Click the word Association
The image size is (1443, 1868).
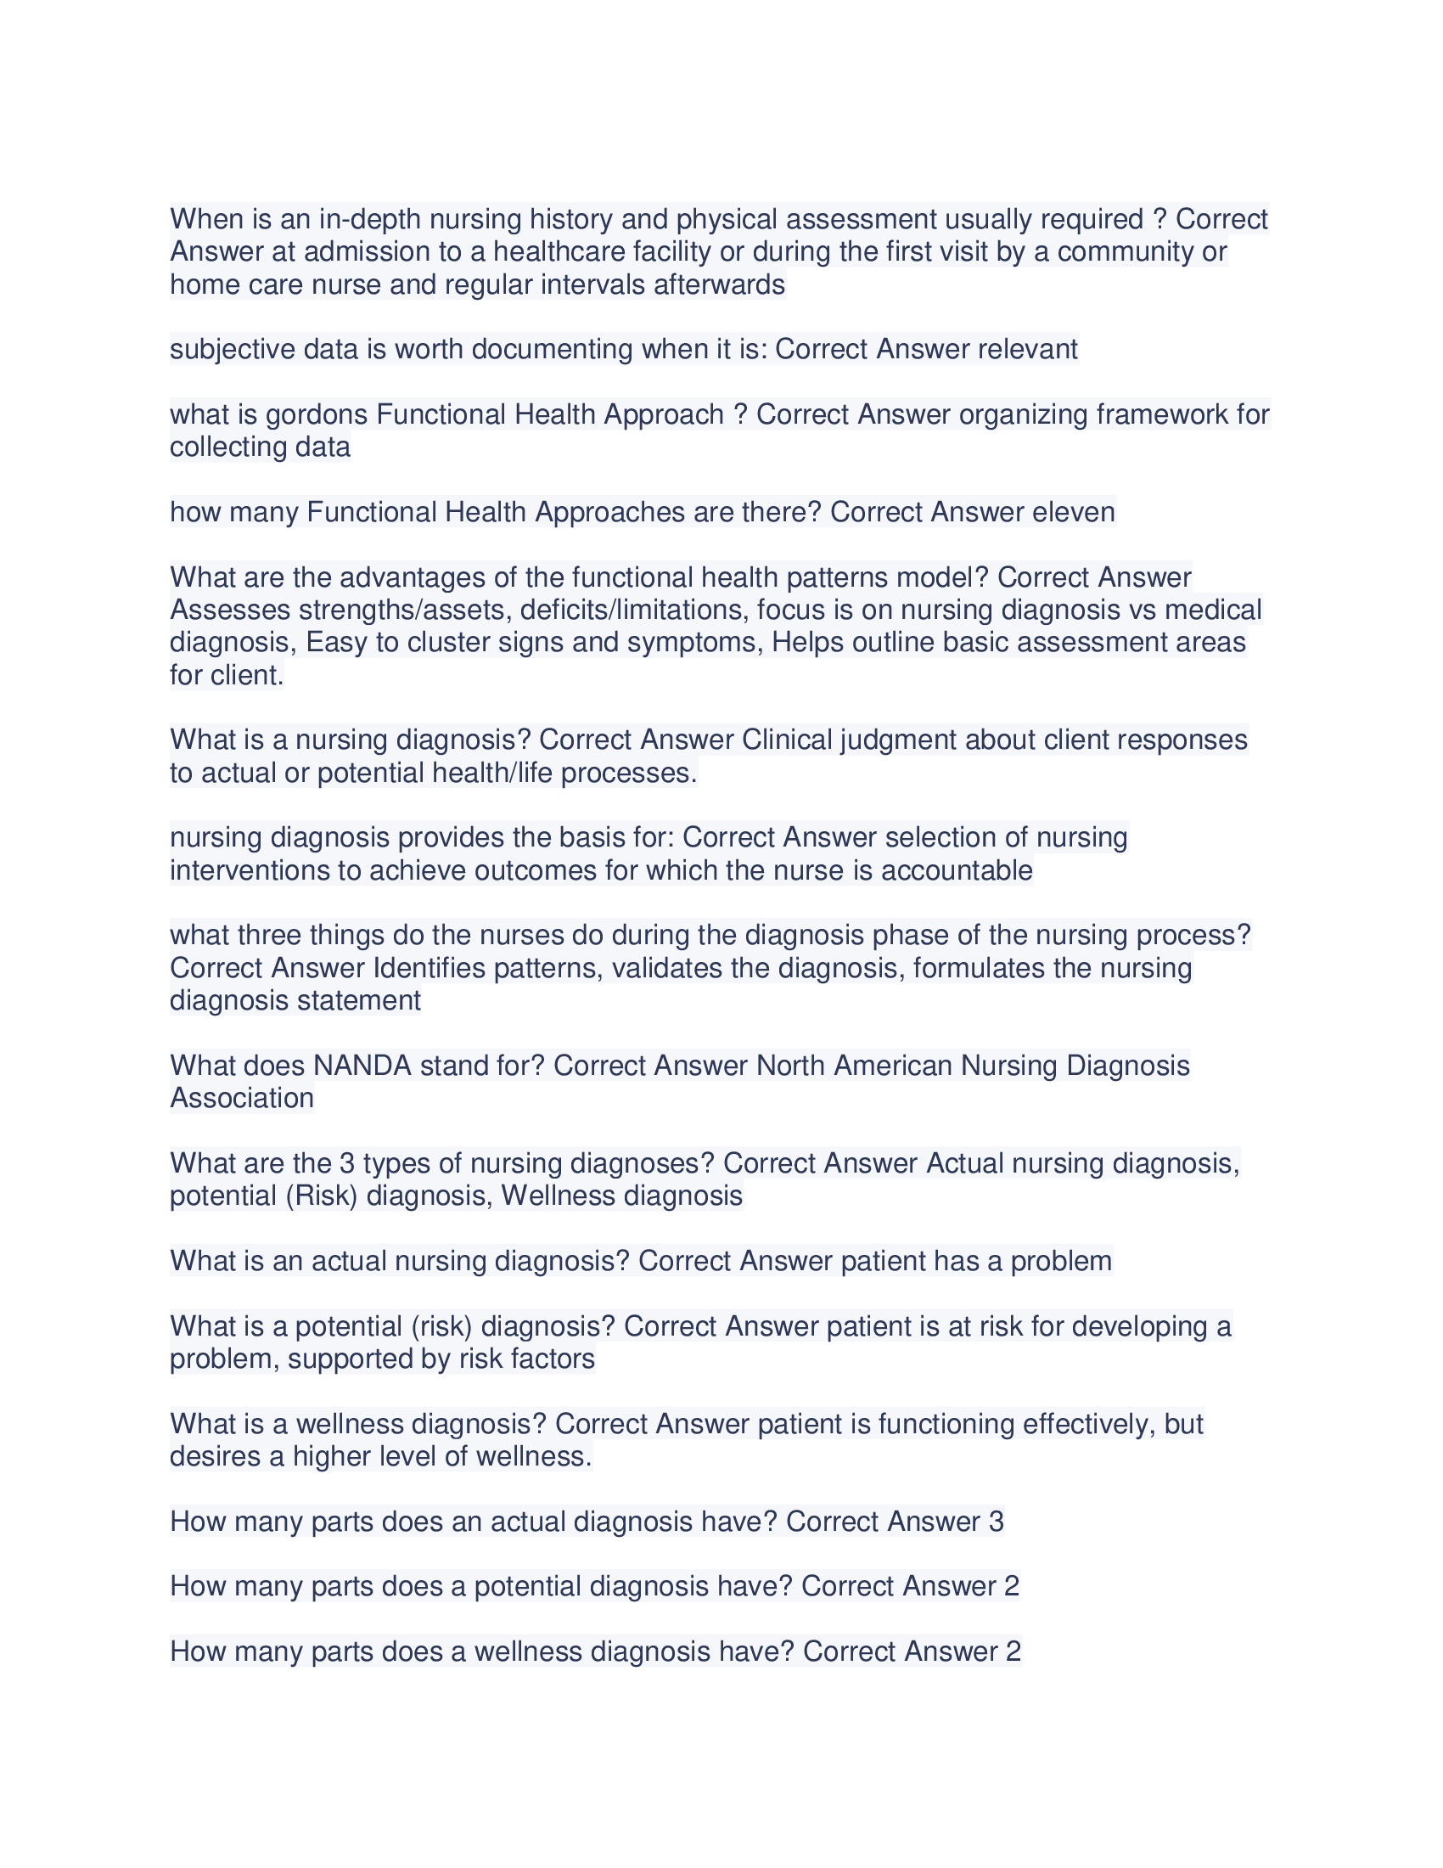pyautogui.click(x=242, y=1098)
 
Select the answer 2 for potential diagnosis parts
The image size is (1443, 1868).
pyautogui.click(x=1011, y=1587)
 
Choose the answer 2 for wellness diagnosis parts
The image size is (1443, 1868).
pyautogui.click(x=1013, y=1651)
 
